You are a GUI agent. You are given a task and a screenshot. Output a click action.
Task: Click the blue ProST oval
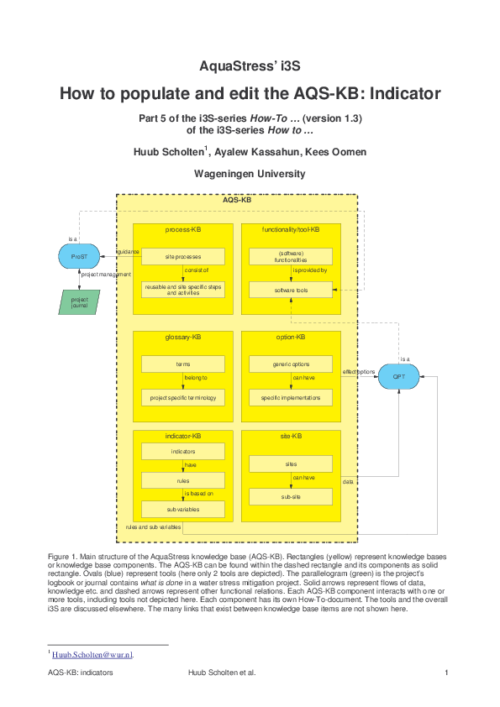point(79,256)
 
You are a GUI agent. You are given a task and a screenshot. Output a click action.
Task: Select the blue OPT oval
point(398,377)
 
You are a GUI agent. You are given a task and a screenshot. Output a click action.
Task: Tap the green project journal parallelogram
point(79,301)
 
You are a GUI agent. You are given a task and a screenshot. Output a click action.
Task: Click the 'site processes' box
point(182,256)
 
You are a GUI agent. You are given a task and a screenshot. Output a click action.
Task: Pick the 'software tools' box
point(291,290)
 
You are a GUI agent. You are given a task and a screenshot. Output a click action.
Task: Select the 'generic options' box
point(291,364)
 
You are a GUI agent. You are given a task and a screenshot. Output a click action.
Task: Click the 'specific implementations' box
point(291,397)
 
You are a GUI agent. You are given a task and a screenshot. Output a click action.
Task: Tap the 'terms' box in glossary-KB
point(182,364)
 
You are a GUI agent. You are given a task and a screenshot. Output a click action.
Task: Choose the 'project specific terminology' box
point(182,397)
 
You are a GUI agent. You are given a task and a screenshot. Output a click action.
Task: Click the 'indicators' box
point(182,452)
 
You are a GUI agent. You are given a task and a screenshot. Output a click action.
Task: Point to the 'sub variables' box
point(182,509)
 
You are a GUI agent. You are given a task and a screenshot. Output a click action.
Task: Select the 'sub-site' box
point(291,497)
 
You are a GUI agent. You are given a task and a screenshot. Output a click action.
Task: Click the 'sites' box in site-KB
point(291,463)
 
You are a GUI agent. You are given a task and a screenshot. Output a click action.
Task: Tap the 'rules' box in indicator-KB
point(182,480)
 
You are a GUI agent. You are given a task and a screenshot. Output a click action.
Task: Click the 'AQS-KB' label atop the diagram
point(237,202)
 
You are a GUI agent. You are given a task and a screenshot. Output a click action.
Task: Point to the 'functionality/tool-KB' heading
point(291,229)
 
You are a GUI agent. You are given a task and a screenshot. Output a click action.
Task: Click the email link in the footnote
point(92,653)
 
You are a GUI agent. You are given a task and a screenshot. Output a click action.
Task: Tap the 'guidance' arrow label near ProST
point(128,251)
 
